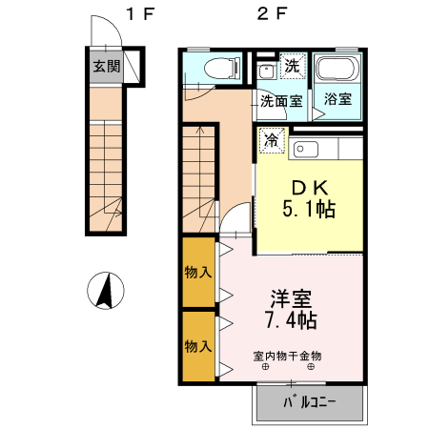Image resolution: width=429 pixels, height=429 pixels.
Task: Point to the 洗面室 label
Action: [x=282, y=98]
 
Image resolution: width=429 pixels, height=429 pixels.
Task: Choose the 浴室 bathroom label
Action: [x=337, y=98]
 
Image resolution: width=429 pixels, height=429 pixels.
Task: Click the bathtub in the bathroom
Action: [x=338, y=70]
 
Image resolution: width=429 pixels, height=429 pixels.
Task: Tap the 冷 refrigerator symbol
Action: [x=272, y=140]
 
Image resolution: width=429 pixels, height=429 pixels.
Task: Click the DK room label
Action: [x=310, y=187]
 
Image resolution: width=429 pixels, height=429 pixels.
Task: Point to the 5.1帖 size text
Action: [x=310, y=210]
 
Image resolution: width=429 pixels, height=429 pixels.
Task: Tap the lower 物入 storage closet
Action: [x=198, y=345]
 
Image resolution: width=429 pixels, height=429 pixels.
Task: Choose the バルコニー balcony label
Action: [x=309, y=402]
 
